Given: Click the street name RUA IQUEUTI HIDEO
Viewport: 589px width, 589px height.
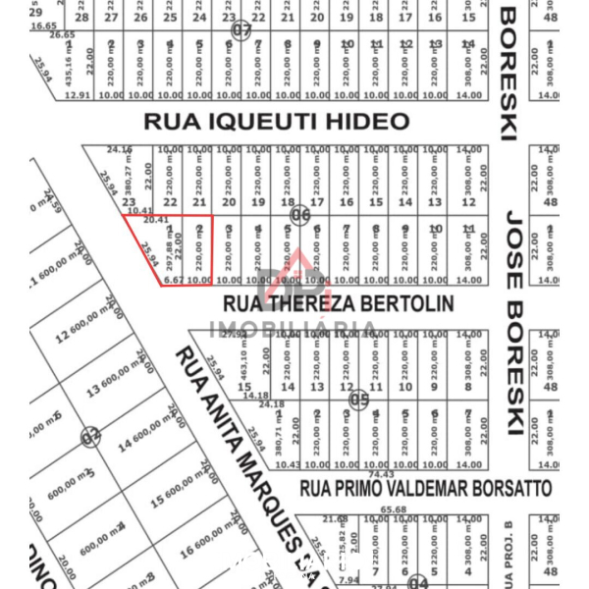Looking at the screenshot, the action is pyautogui.click(x=277, y=121).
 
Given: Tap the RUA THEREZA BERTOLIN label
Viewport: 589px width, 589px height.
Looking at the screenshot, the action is pyautogui.click(x=339, y=303).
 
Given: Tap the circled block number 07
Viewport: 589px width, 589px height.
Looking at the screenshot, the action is pyautogui.click(x=241, y=31).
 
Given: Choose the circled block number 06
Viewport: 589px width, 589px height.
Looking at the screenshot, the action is pyautogui.click(x=300, y=216).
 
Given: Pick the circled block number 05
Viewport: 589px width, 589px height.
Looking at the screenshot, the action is pyautogui.click(x=359, y=400).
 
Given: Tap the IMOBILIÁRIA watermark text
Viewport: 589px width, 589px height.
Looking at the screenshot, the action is pyautogui.click(x=294, y=329).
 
